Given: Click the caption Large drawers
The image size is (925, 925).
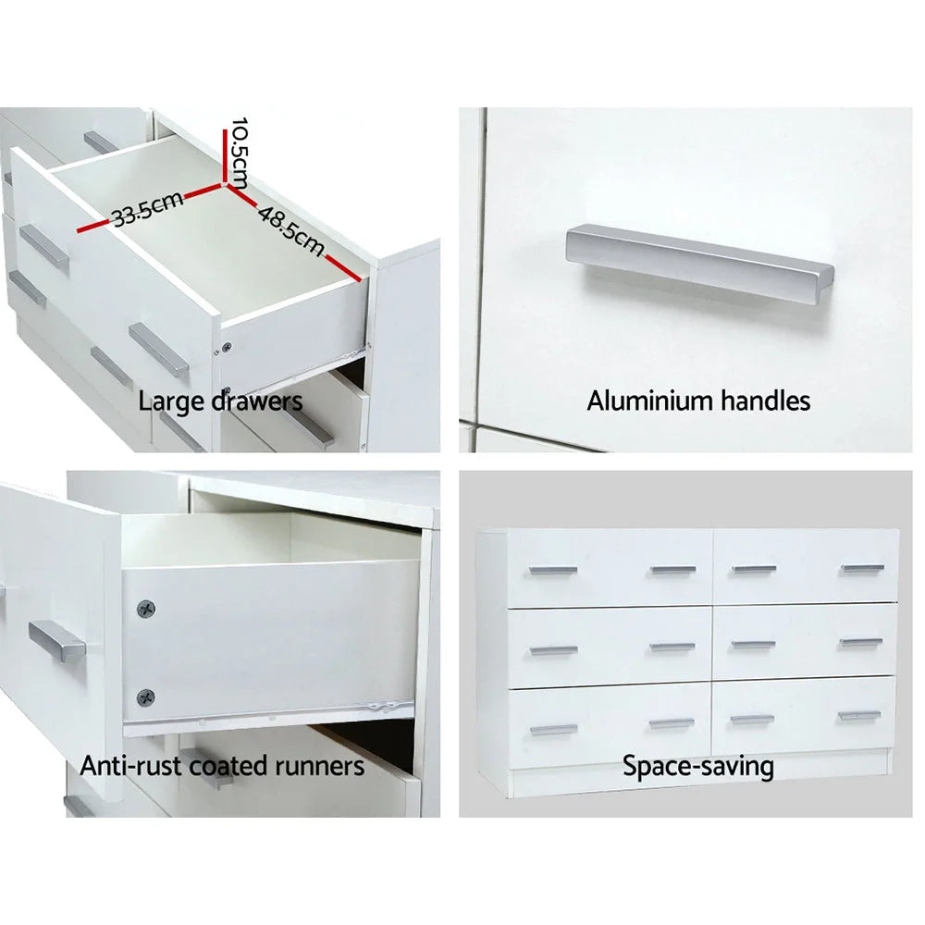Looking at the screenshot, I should pyautogui.click(x=220, y=401).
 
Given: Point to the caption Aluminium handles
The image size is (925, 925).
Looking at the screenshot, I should pyautogui.click(x=698, y=401).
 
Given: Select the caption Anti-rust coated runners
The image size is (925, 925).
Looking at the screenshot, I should pyautogui.click(x=222, y=766).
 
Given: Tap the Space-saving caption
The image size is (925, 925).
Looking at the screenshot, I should pyautogui.click(x=697, y=766).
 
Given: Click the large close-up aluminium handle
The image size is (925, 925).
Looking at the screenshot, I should pyautogui.click(x=699, y=263).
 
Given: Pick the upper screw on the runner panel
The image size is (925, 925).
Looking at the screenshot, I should pyautogui.click(x=145, y=609).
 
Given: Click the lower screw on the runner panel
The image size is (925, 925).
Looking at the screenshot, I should pyautogui.click(x=145, y=697).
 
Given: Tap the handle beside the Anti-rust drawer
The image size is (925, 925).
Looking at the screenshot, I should pyautogui.click(x=57, y=641).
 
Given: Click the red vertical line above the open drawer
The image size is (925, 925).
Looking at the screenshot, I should pyautogui.click(x=225, y=157).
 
